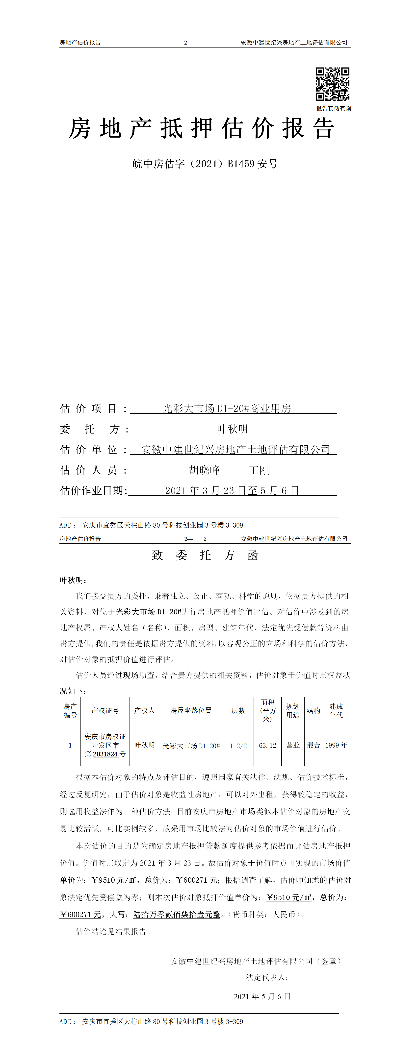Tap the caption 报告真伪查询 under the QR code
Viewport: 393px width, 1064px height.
click(334, 109)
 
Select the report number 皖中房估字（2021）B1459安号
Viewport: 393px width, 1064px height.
click(205, 164)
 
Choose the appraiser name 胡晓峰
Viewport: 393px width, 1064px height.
click(205, 470)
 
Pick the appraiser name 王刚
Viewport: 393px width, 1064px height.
click(259, 470)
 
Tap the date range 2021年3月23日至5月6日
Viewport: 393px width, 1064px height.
click(232, 491)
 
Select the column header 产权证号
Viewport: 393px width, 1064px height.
click(105, 710)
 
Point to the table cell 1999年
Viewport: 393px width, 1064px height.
click(336, 745)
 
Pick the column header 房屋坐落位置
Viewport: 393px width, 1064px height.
click(191, 710)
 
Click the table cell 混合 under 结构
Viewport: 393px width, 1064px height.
click(313, 745)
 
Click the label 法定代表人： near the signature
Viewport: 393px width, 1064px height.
click(267, 977)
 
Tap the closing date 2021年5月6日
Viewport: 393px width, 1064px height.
click(262, 996)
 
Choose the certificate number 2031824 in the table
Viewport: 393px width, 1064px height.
click(105, 754)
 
